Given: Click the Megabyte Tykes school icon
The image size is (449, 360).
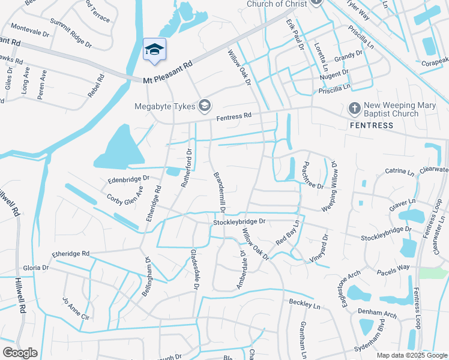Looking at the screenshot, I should coord(205,106).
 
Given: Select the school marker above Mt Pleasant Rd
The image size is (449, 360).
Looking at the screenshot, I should coord(154,50).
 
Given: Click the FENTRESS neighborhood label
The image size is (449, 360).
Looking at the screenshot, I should coord(372,125).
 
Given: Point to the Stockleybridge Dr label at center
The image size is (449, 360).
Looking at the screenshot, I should coord(239,222).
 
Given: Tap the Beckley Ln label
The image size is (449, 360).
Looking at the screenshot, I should coord(304,304).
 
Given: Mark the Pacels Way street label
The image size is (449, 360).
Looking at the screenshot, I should coord(393,270).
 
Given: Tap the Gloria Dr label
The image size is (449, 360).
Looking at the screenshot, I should coord(35,268).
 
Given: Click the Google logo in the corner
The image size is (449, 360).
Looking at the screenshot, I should coord(20,353).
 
